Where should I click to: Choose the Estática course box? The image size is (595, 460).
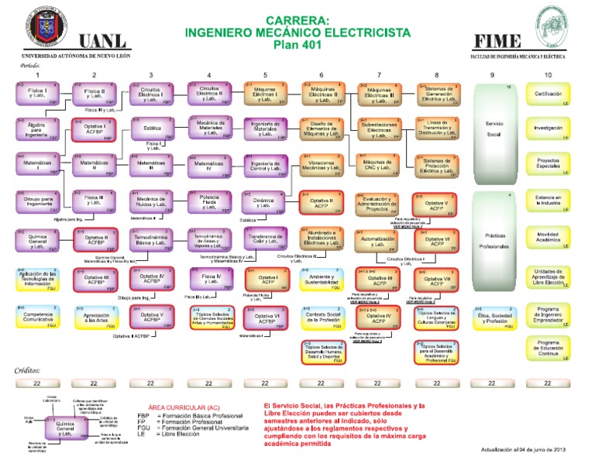click(152, 129)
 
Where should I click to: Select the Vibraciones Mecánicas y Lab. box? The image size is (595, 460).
click(322, 166)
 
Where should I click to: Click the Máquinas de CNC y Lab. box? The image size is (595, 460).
click(378, 166)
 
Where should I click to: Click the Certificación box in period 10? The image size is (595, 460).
click(549, 94)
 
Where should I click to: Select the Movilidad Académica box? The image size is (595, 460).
click(549, 237)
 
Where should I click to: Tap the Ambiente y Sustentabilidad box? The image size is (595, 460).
click(322, 280)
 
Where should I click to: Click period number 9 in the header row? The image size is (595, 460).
click(493, 74)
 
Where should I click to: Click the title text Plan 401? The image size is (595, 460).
click(297, 47)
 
